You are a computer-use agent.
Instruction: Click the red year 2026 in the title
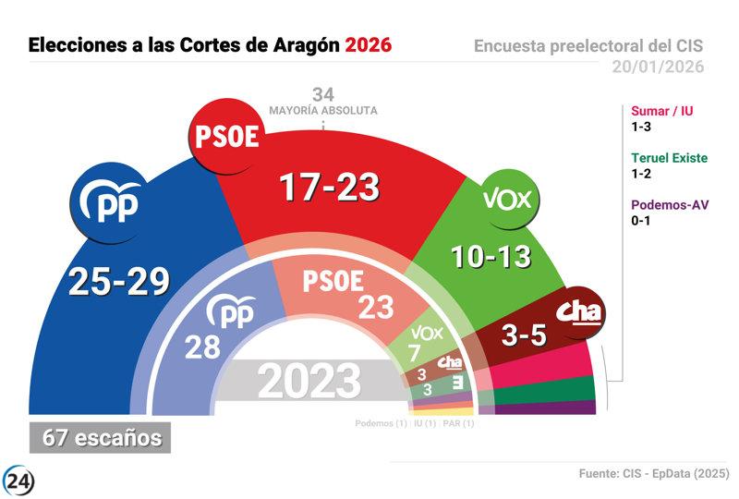(x=368, y=44)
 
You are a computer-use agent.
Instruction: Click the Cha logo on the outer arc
(x=581, y=311)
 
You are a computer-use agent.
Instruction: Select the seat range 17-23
(x=330, y=188)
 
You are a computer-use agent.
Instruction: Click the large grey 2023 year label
(x=309, y=381)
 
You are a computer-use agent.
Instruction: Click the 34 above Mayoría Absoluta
(x=322, y=94)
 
